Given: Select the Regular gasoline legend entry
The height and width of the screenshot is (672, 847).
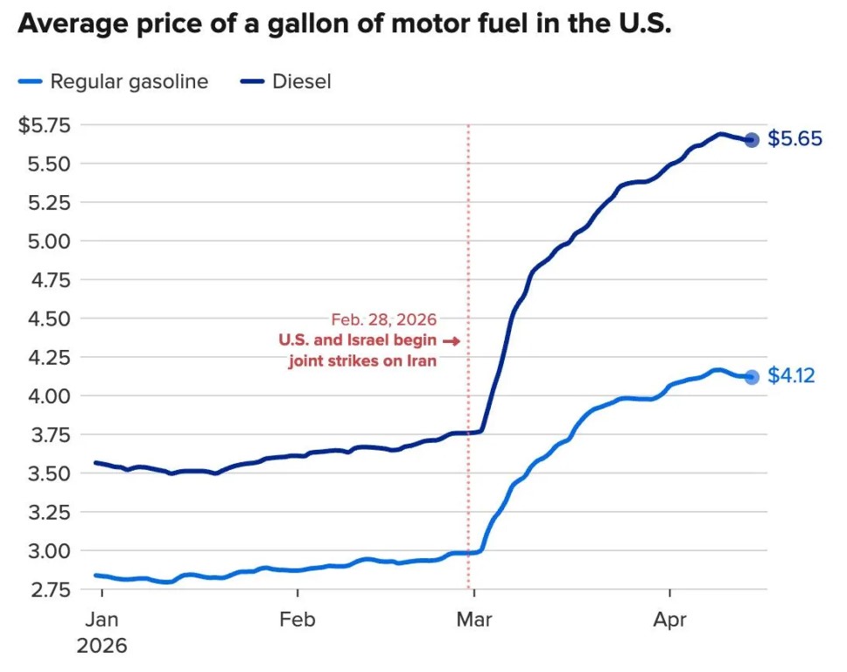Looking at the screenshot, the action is [x=113, y=81].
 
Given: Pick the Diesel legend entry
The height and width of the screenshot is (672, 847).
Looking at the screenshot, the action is [x=286, y=81].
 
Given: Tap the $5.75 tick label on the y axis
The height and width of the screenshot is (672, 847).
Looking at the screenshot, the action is [x=45, y=125].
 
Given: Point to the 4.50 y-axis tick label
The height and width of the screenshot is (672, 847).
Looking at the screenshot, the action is [x=49, y=318].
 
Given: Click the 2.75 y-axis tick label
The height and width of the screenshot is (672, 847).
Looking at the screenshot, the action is [x=50, y=590].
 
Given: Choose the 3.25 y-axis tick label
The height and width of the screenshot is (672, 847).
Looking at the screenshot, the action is [x=50, y=512].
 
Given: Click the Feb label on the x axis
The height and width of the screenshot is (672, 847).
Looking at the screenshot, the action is [x=297, y=619].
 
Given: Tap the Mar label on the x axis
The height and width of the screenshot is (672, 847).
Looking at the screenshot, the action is [x=473, y=619].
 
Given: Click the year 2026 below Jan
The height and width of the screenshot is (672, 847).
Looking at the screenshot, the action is [x=101, y=646].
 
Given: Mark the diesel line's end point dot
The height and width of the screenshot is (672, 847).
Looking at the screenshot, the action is [x=752, y=140].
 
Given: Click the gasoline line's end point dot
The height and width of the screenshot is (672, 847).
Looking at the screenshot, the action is [x=752, y=377].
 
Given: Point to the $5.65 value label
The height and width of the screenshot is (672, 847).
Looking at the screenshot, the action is [x=794, y=139].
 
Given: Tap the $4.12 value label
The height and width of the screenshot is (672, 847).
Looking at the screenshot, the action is [x=791, y=375].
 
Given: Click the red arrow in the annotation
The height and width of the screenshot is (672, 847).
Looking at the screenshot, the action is [x=451, y=341].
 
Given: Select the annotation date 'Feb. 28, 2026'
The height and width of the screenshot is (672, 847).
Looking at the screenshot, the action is [x=383, y=319].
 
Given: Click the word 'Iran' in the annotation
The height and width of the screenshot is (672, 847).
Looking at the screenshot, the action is [x=422, y=360].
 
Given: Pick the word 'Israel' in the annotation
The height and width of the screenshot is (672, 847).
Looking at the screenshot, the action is [x=369, y=339].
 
